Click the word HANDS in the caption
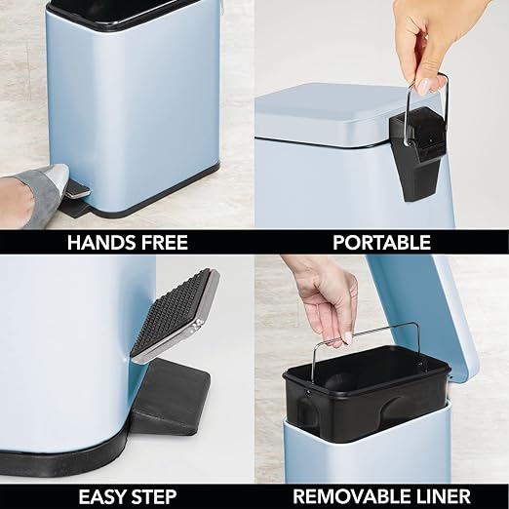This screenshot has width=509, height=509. (x=99, y=242)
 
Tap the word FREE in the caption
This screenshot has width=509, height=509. (x=162, y=242)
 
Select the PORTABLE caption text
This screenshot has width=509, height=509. (x=382, y=242)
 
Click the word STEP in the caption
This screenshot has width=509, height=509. (x=157, y=495)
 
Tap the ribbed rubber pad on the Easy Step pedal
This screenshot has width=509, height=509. (x=175, y=311)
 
